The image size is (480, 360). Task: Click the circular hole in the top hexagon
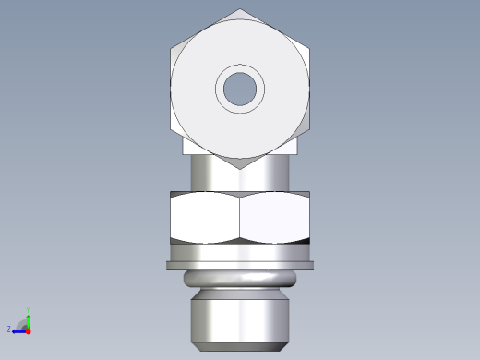pos(240,89)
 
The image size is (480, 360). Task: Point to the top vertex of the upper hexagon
pos(240,10)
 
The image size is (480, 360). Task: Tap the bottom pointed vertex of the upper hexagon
pos(240,169)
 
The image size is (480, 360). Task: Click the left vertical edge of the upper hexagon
pos(171,89)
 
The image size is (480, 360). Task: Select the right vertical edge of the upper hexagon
pos(309,89)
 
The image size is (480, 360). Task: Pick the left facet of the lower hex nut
pos(205,218)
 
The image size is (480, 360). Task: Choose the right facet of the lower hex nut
pos(275,218)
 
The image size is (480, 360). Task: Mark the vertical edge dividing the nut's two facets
pos(240,218)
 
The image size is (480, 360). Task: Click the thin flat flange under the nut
pos(240,265)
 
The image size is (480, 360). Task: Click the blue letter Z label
pos(9,329)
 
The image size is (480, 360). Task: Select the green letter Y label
pos(29,309)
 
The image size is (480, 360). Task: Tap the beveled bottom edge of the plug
pos(240,346)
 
